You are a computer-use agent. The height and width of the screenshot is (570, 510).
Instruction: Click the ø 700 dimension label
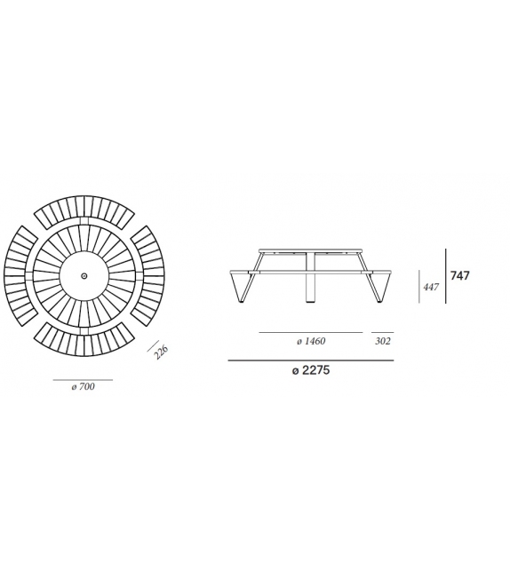click(x=83, y=387)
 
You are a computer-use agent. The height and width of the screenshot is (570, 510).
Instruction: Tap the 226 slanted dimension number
click(x=161, y=352)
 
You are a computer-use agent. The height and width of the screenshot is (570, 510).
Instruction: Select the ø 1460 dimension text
click(x=310, y=341)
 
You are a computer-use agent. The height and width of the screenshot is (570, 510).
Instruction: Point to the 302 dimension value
click(x=383, y=341)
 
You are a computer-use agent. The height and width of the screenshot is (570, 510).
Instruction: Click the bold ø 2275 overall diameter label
click(x=310, y=371)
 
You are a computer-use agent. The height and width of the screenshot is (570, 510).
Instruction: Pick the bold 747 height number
click(x=459, y=276)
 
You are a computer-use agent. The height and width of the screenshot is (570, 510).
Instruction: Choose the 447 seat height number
click(x=431, y=287)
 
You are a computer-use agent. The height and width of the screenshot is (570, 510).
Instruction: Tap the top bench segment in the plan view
click(x=84, y=210)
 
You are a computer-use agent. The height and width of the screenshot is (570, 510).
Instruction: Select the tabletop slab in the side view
click(x=311, y=250)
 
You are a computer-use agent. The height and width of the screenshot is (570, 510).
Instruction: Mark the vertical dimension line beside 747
click(x=446, y=276)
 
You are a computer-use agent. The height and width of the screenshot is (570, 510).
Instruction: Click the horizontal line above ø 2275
click(x=310, y=360)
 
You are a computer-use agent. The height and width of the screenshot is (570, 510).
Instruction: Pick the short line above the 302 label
click(x=382, y=332)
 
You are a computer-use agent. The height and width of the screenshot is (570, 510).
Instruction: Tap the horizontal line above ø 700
click(x=83, y=379)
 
